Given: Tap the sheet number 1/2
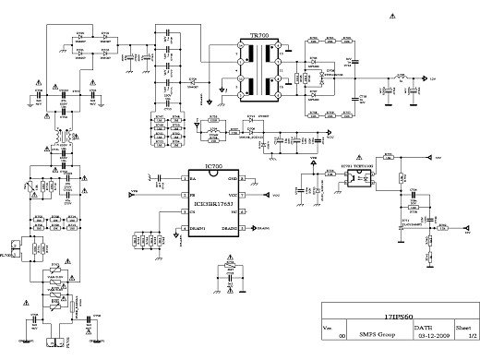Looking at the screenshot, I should pyautogui.click(x=468, y=336).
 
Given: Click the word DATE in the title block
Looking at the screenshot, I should pyautogui.click(x=422, y=328).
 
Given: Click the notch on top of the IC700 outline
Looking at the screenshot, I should pyautogui.click(x=212, y=173).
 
